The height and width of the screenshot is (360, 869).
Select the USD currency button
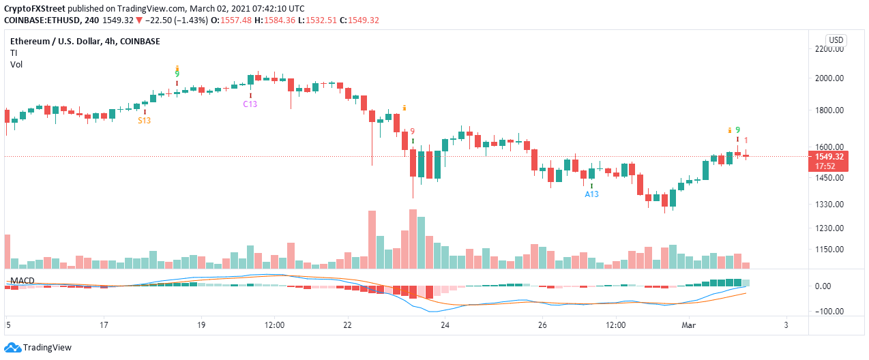pos(836,40)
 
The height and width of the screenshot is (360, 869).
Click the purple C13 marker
pos(250,104)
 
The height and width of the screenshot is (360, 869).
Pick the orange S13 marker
pos(145,120)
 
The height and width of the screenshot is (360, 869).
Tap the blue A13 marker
pos(591,194)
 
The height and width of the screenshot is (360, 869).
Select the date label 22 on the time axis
pos(349,326)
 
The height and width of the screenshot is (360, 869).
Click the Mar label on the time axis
pos(688,326)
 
